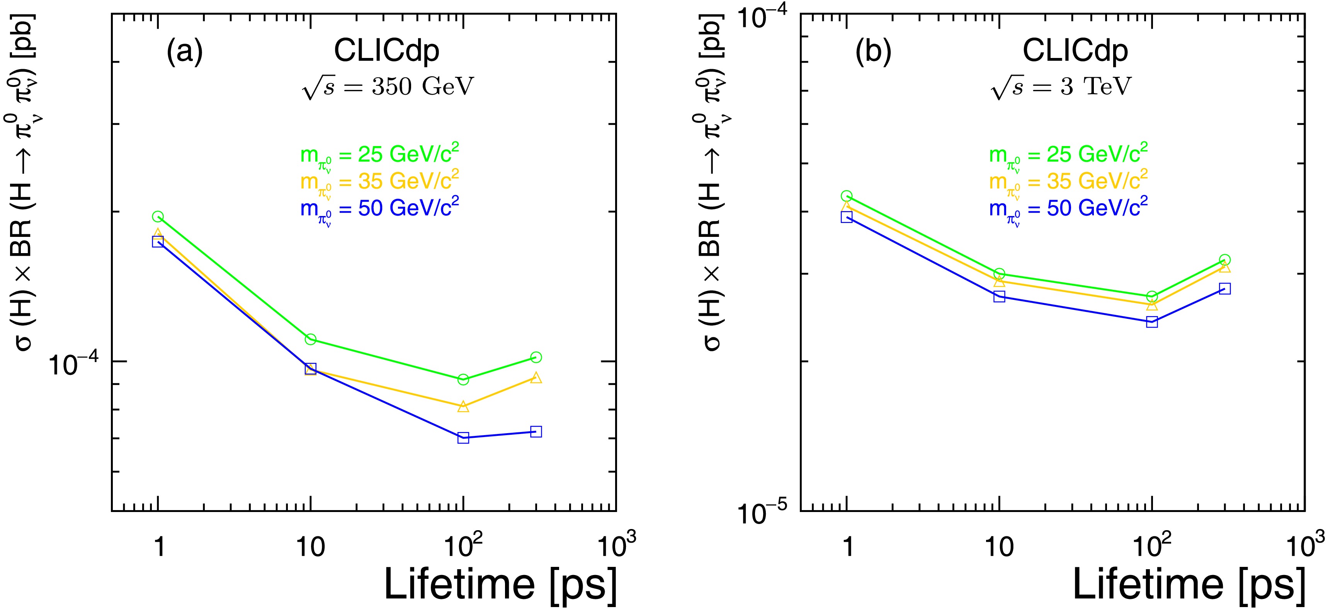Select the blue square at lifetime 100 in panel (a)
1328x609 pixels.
coord(463,438)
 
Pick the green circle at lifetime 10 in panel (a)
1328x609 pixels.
coord(310,339)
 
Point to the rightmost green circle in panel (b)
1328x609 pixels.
coord(1225,260)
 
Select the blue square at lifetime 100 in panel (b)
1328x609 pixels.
coord(1152,322)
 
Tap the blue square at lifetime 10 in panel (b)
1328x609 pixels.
coord(999,296)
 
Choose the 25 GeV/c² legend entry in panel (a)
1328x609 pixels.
coord(379,155)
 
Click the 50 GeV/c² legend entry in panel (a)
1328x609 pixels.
coord(379,209)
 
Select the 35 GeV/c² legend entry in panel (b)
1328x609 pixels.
coord(1068,182)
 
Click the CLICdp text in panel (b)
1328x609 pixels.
coord(1075,51)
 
